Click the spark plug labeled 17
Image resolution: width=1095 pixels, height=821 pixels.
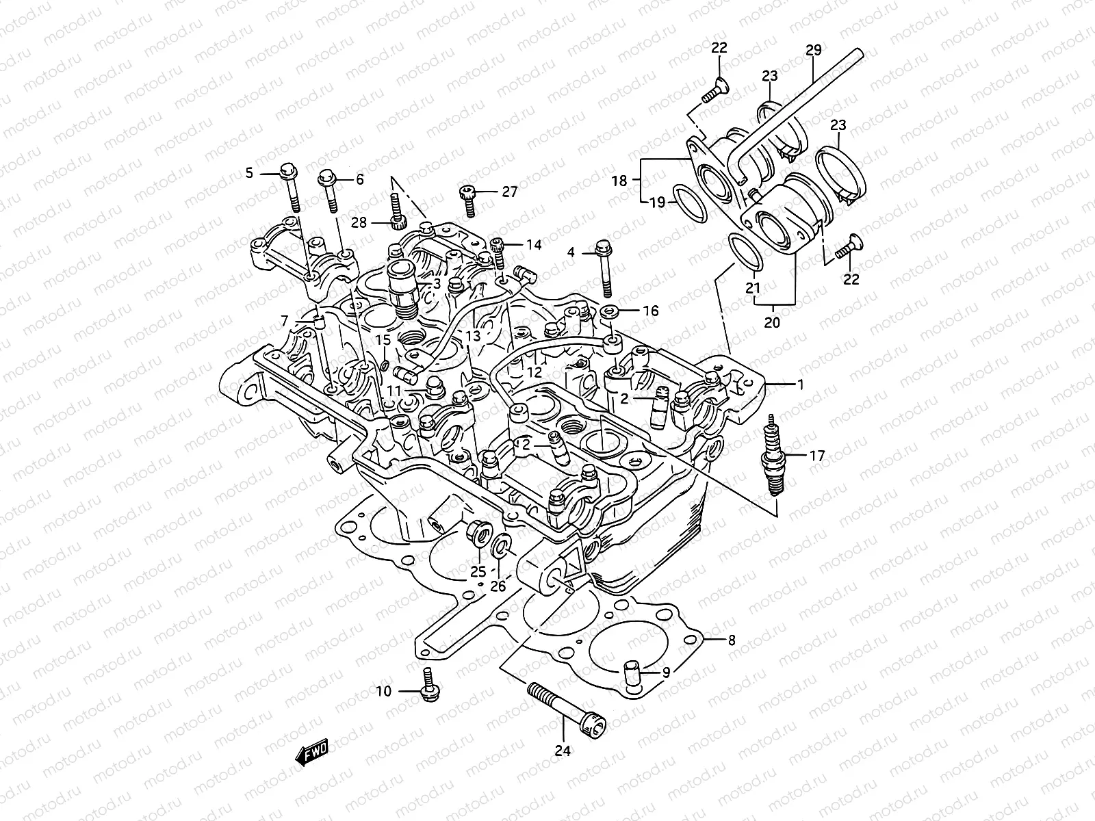tap(773, 457)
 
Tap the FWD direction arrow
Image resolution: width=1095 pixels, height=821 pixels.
tap(311, 753)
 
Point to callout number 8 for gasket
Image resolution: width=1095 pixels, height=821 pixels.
tap(731, 641)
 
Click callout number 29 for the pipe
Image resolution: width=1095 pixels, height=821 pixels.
tap(813, 50)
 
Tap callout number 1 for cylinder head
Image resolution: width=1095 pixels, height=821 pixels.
tap(800, 385)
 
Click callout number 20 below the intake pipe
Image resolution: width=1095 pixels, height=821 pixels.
tap(771, 322)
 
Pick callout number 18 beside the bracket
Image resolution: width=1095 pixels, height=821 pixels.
tap(619, 181)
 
